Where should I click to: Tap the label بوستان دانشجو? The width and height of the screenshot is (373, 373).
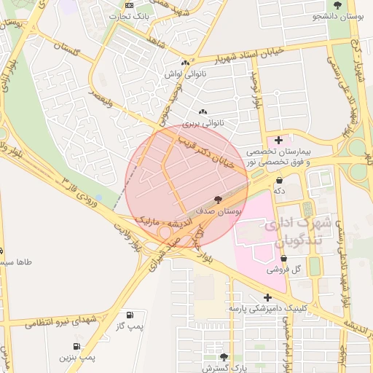(x=339, y=15)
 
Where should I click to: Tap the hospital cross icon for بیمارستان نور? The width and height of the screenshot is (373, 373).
(x=278, y=138)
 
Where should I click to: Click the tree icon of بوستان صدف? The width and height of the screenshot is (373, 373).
(x=218, y=200)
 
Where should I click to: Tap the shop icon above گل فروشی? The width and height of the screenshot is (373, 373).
(x=283, y=258)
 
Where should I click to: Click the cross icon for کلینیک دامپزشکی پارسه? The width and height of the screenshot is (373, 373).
(x=268, y=297)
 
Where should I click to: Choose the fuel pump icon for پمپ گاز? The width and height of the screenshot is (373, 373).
(x=130, y=315)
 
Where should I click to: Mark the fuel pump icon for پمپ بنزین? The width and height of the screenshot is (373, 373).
(x=76, y=346)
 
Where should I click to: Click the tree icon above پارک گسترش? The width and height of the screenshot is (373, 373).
(x=224, y=357)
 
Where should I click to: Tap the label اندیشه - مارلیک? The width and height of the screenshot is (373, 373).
(x=168, y=219)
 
